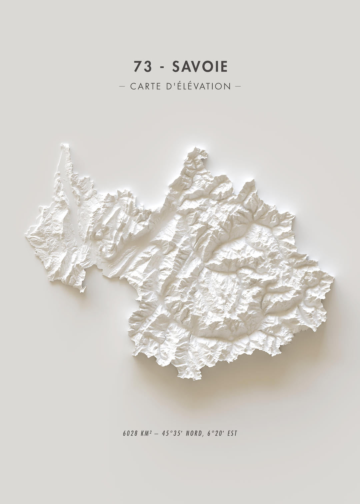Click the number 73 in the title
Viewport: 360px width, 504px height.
pyautogui.click(x=143, y=67)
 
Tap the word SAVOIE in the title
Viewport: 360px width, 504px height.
pyautogui.click(x=200, y=67)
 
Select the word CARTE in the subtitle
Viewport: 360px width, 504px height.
pyautogui.click(x=145, y=86)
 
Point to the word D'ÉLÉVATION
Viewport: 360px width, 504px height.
pyautogui.click(x=198, y=86)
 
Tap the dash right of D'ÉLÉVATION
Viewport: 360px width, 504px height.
pyautogui.click(x=238, y=86)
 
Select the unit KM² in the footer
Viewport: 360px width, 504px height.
pyautogui.click(x=147, y=434)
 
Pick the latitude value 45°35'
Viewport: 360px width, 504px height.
pyautogui.click(x=172, y=434)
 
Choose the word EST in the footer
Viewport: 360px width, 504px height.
pyautogui.click(x=232, y=434)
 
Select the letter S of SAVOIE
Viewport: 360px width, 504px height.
pyautogui.click(x=176, y=67)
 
